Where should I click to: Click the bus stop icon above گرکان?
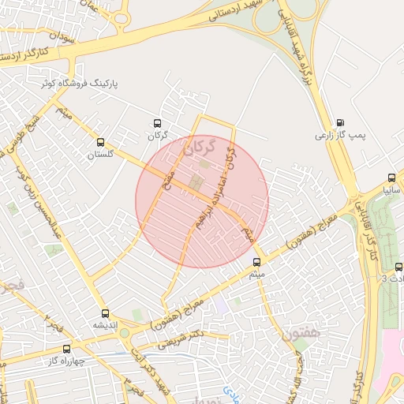click(157, 123)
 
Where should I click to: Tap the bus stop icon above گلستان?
click(100, 142)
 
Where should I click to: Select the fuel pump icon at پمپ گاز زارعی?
click(340, 123)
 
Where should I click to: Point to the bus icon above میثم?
click(256, 262)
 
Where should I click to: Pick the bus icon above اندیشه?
click(105, 313)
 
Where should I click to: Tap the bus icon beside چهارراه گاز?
click(66, 349)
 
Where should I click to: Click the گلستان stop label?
click(101, 155)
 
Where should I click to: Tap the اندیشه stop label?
click(106, 325)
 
